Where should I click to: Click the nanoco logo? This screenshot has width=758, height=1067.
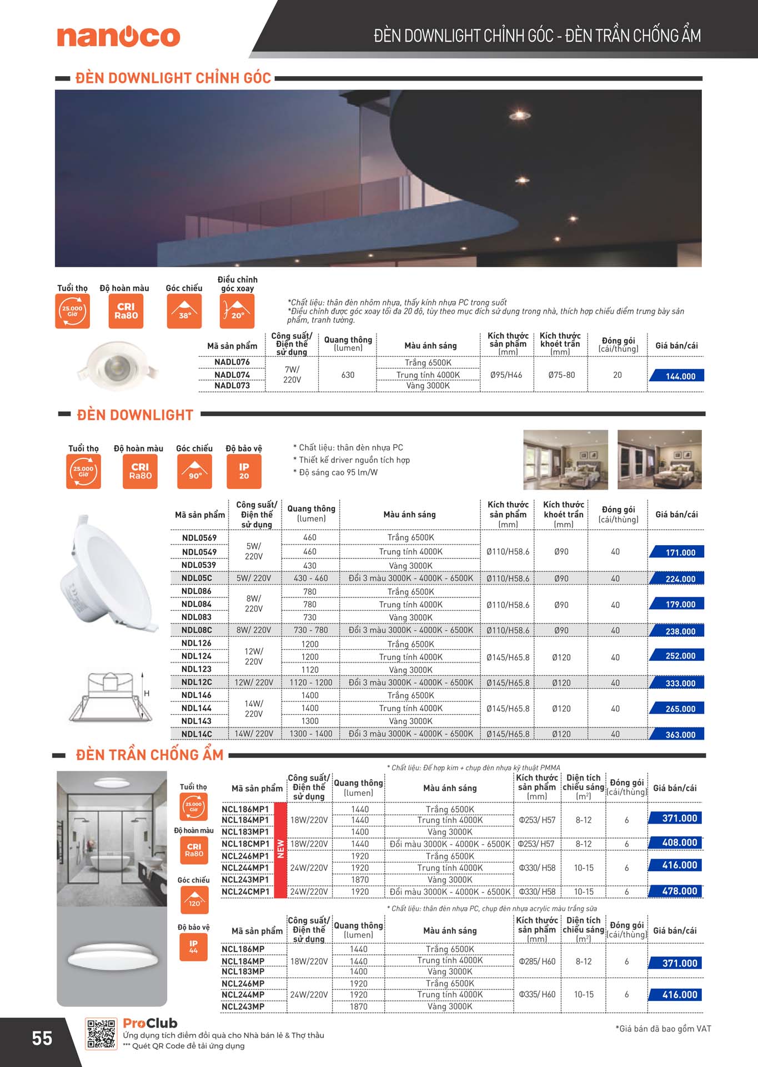point(118,37)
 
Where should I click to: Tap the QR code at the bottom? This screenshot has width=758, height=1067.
point(101,1034)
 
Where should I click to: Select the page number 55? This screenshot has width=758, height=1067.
point(42,1038)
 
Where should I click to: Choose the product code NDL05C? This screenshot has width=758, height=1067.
point(197,578)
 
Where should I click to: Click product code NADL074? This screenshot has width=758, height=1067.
point(232,375)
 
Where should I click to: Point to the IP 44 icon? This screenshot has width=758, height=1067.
point(193,946)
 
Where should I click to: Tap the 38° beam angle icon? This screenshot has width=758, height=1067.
point(184,311)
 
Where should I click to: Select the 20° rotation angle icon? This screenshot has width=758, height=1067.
point(237,311)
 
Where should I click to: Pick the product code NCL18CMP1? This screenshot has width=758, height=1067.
point(245,844)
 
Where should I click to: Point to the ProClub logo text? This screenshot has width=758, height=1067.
point(150,1023)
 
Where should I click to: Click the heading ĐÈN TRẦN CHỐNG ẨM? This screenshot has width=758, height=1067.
point(149,755)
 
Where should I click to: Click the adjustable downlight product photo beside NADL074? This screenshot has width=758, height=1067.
point(118,365)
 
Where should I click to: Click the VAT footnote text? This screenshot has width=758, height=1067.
point(663,1029)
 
